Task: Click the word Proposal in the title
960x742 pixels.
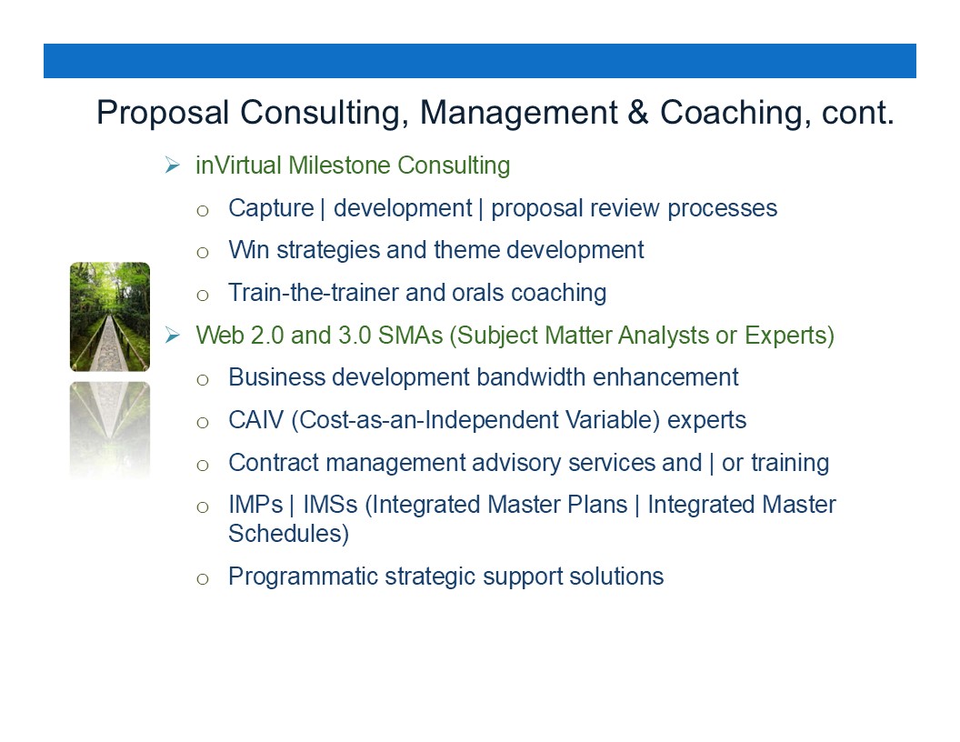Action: click(x=163, y=114)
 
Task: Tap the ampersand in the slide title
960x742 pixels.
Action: click(x=637, y=113)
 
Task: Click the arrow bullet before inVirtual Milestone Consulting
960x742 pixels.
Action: click(x=172, y=165)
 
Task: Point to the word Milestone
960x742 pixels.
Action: click(x=339, y=165)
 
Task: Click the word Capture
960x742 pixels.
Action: click(x=271, y=209)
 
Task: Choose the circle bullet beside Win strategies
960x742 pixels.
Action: click(x=203, y=252)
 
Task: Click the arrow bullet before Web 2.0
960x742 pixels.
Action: click(x=172, y=335)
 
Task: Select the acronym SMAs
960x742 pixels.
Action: click(x=410, y=336)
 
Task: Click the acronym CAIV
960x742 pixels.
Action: click(x=256, y=420)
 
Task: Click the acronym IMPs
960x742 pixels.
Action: click(x=255, y=505)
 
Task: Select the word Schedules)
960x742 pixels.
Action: click(x=288, y=534)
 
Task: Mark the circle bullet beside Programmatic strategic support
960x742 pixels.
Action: click(x=203, y=579)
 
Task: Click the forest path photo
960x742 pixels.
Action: click(x=110, y=316)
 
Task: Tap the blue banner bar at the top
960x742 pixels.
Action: click(x=480, y=61)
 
